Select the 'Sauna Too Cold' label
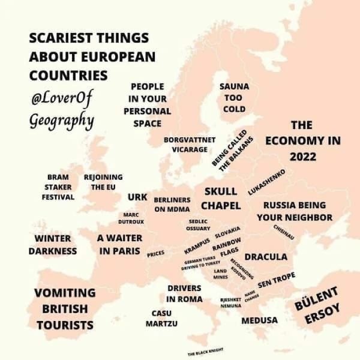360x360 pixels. (x=234, y=98)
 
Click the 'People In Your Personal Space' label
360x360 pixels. (x=147, y=105)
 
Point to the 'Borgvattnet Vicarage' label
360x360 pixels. (x=189, y=144)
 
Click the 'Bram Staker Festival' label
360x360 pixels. (x=58, y=187)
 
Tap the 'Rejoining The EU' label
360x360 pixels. (x=103, y=182)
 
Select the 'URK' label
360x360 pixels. (x=137, y=197)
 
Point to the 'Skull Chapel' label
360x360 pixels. (x=221, y=199)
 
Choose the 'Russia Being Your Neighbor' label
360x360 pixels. (x=295, y=211)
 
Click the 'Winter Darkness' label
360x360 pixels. (x=53, y=245)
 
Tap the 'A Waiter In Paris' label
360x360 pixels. (x=119, y=244)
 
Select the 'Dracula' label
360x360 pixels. (x=266, y=257)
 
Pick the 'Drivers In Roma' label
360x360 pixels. (x=185, y=293)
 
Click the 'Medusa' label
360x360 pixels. (x=259, y=320)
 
